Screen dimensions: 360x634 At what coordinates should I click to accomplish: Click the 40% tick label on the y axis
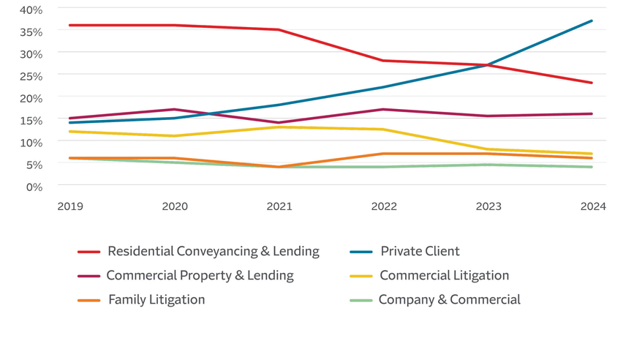31,10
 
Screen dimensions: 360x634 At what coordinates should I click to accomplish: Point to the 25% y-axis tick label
31,75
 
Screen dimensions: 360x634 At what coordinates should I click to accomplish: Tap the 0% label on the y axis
34,186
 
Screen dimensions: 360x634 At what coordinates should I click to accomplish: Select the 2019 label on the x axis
70,206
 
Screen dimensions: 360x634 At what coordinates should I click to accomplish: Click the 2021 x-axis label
279,206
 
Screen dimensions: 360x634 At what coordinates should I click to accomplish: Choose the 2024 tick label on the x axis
593,206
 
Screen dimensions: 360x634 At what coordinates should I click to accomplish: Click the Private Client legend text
420,252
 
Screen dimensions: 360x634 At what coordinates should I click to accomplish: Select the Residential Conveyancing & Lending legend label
213,252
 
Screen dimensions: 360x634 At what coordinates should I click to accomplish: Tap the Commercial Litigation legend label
444,276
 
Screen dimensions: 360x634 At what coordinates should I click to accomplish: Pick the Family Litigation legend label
156,300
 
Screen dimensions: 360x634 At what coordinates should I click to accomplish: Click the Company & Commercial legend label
449,300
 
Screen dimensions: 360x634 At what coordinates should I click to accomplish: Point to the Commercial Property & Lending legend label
200,276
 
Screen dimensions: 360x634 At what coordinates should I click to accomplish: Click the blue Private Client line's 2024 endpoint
592,21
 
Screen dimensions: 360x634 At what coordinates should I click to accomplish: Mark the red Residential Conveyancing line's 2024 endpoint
592,83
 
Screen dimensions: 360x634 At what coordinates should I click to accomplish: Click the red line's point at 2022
383,61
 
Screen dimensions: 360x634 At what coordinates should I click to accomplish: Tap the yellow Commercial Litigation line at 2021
279,127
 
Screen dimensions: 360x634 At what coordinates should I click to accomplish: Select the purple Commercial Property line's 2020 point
175,110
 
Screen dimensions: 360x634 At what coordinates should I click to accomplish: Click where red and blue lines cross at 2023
488,65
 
